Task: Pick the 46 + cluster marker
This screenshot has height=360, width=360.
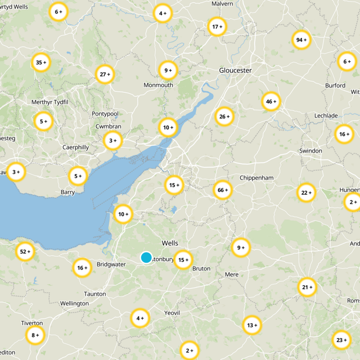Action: coord(271,102)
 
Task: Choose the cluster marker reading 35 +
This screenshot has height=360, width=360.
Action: coord(41,63)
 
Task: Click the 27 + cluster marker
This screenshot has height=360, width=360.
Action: coord(105,74)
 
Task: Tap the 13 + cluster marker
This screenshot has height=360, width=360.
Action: coord(252,325)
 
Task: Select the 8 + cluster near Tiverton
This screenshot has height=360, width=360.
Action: coord(35,335)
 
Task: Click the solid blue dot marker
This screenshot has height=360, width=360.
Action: coord(146,257)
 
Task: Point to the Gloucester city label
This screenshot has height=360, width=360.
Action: coord(235,70)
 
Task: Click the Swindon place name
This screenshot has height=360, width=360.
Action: coord(310,151)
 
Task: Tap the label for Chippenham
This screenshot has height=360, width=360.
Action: coord(256,178)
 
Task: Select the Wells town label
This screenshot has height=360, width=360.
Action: coord(170,243)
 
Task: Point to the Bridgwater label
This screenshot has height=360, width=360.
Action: coord(111,265)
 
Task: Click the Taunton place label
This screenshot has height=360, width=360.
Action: coord(95,294)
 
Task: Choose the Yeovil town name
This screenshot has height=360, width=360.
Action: coord(172,313)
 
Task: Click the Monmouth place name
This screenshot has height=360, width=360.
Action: coord(158,85)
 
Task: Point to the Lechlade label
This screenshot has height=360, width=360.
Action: coord(326,116)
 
